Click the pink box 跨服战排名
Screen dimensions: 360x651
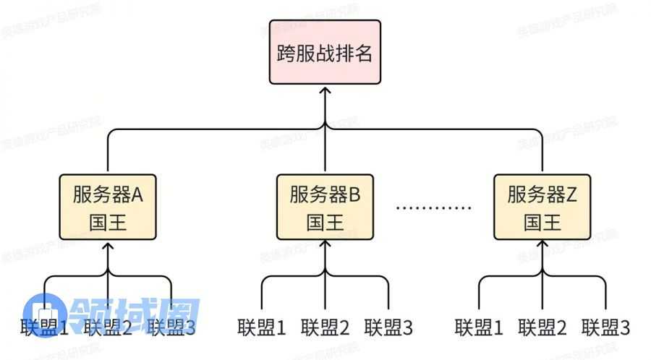325,53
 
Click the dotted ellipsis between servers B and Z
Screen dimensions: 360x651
434,207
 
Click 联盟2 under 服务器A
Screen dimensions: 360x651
109,327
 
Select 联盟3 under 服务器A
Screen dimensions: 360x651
171,327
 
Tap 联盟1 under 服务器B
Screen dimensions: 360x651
262,327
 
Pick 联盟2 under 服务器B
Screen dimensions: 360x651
325,327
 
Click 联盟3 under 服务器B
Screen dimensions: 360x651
389,327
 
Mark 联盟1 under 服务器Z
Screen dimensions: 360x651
479,327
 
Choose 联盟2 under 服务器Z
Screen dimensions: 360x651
542,327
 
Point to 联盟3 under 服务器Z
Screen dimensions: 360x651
606,327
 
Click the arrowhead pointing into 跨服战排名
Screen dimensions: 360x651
325,90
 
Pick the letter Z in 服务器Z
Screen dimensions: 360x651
572,195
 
